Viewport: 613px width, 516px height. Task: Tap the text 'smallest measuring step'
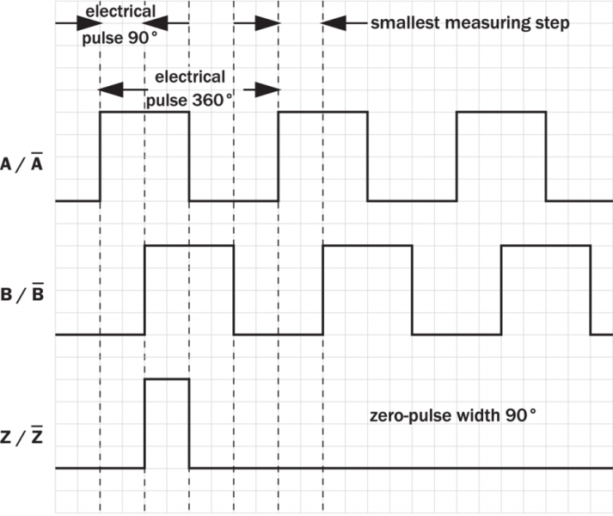pyautogui.click(x=469, y=22)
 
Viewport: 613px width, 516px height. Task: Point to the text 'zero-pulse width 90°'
pyautogui.click(x=451, y=415)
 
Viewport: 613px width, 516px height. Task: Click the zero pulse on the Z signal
pyautogui.click(x=167, y=421)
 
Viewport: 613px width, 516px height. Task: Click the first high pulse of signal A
pyautogui.click(x=144, y=155)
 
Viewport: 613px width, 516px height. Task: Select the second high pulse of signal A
pyautogui.click(x=322, y=155)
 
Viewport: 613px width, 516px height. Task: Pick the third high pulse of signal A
pyautogui.click(x=500, y=155)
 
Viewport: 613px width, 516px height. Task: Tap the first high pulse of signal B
pyautogui.click(x=189, y=288)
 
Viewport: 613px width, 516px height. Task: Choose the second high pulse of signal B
pyautogui.click(x=367, y=288)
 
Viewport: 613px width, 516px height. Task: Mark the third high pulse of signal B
pyautogui.click(x=545, y=288)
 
